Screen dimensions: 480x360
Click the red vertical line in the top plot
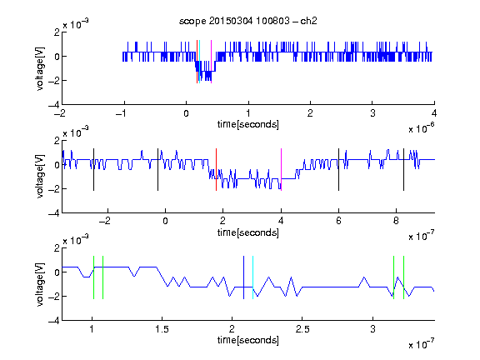tap(197, 62)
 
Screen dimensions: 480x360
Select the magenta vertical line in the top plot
tap(211, 62)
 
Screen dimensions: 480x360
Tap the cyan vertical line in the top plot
tap(200, 62)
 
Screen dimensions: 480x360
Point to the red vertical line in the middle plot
tap(216, 170)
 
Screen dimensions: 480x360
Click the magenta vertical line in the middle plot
tap(281, 170)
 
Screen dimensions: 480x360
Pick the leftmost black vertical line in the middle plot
tap(93, 170)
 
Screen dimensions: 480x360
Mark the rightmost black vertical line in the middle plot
tap(403, 170)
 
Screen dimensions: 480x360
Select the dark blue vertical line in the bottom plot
tap(243, 277)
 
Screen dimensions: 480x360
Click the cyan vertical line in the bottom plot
tap(252, 277)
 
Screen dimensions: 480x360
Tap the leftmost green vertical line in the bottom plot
tap(93, 277)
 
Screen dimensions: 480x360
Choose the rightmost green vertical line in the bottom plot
tap(404, 277)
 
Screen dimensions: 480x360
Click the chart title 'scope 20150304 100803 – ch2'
tap(248, 21)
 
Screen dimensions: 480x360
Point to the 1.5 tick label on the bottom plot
tap(162, 329)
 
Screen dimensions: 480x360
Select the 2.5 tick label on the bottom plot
tap(302, 329)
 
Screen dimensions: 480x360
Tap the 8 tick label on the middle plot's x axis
tap(396, 221)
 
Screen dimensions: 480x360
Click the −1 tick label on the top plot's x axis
tap(121, 113)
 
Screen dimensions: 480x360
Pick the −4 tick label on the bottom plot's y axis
tap(54, 321)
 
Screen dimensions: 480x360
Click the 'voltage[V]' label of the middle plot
tap(40, 177)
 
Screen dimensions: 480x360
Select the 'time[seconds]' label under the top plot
tap(248, 125)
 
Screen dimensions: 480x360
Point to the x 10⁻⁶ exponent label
tap(422, 128)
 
